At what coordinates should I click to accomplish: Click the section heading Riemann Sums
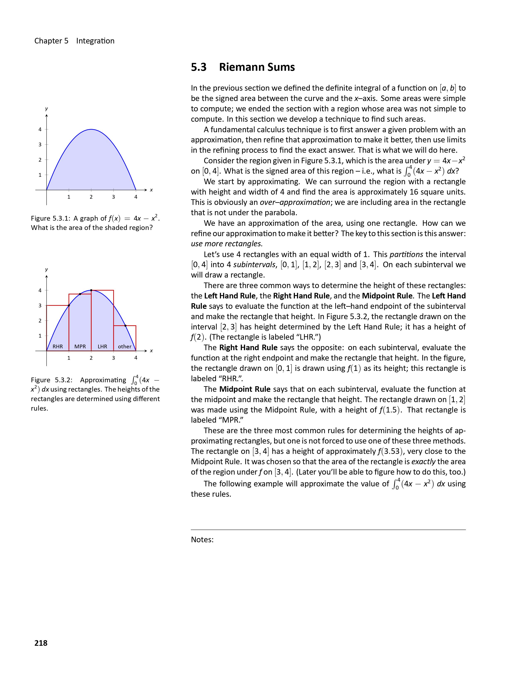coord(257,67)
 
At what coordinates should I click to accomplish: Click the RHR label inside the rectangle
coord(58,346)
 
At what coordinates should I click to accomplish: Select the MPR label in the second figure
coord(80,346)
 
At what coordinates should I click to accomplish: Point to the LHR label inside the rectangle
coord(102,346)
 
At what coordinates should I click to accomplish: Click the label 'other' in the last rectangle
coord(124,346)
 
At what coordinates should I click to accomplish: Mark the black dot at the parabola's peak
coord(91,290)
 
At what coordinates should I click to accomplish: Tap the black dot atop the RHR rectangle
coord(69,305)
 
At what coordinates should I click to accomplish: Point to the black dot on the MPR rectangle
coord(80,294)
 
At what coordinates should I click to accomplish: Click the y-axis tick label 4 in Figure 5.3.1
coord(40,130)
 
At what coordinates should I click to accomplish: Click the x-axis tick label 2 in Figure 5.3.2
coord(91,358)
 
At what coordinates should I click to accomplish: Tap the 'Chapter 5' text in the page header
coord(51,41)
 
